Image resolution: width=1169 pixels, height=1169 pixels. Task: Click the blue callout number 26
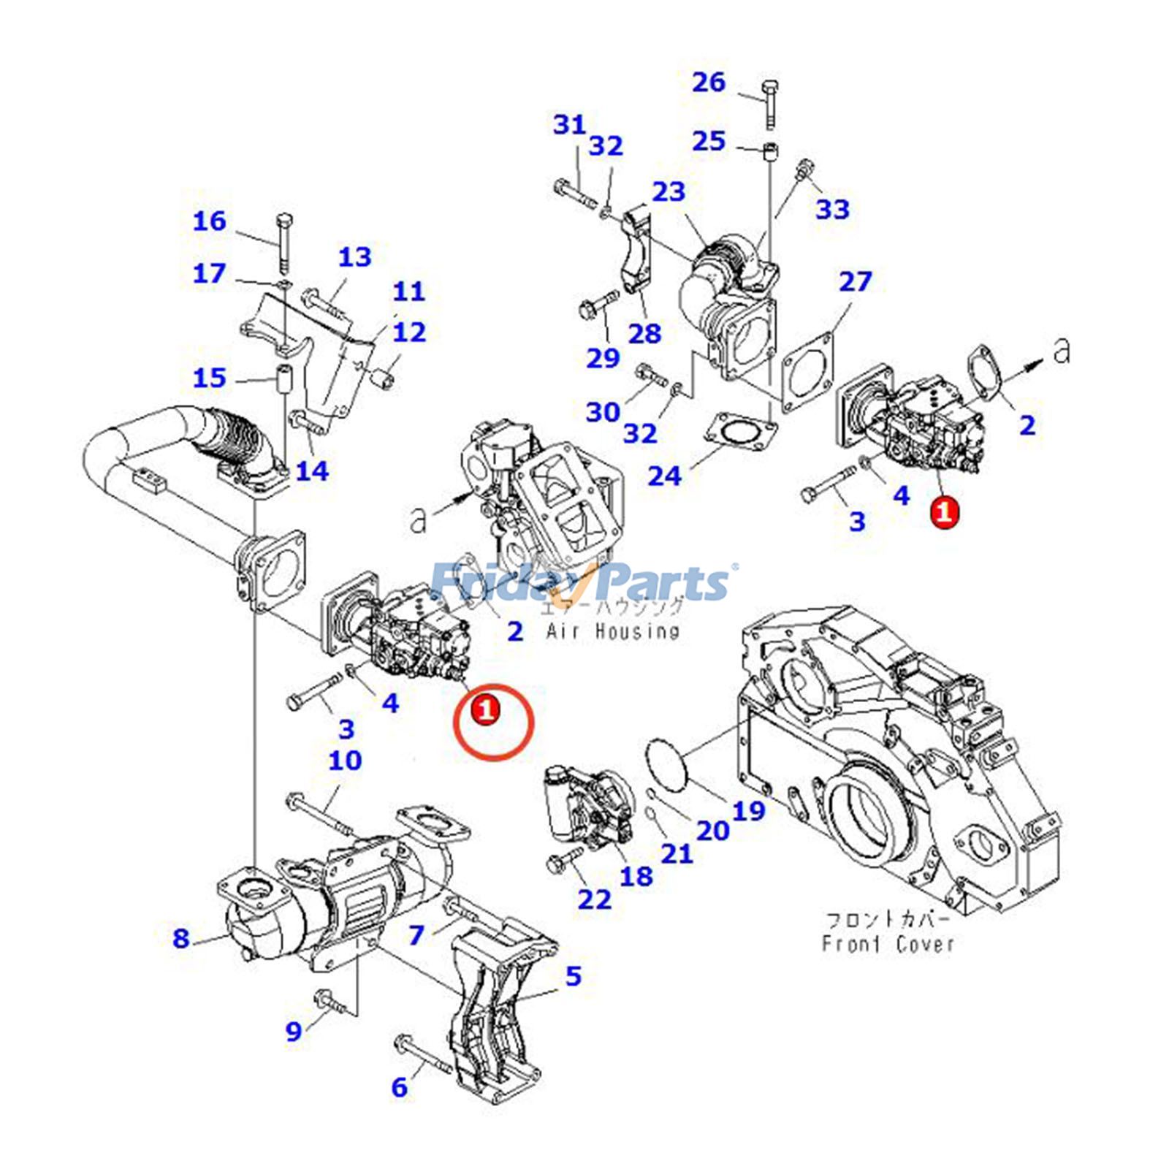[708, 82]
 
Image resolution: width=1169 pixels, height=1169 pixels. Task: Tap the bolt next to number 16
[283, 241]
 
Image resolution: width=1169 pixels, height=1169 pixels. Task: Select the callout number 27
[855, 281]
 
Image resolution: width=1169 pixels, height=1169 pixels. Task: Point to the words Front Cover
[888, 943]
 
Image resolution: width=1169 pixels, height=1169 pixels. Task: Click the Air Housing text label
[612, 631]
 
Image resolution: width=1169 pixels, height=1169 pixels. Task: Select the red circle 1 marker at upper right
[944, 511]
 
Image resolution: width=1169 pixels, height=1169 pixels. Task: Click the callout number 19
[748, 810]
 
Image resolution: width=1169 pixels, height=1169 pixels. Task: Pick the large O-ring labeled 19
[667, 763]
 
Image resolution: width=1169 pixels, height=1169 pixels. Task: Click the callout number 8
[181, 937]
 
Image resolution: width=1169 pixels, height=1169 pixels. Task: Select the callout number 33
[832, 209]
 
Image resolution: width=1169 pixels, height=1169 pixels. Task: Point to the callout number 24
[664, 476]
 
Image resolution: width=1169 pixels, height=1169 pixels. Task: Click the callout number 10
[344, 761]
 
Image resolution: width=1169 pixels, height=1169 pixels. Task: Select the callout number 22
[594, 899]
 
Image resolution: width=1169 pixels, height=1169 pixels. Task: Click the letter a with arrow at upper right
[1062, 351]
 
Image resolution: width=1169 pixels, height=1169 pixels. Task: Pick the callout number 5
[573, 975]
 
